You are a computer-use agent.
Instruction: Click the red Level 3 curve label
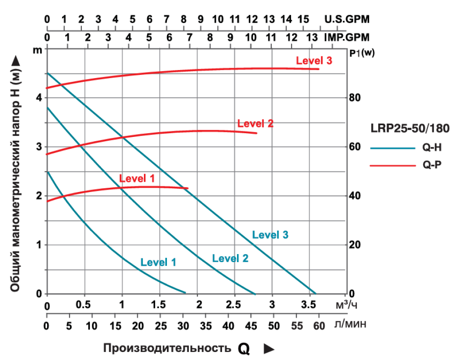tap(314, 60)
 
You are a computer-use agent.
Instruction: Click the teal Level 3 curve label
tap(270, 235)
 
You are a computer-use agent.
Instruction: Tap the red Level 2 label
tap(255, 124)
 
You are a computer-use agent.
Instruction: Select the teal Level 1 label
tap(158, 263)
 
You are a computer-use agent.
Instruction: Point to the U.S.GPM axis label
tap(347, 20)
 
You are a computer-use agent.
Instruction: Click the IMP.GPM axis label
tap(347, 37)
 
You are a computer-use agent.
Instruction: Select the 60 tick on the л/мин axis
tap(319, 325)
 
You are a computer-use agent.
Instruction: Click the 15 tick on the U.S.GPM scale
tap(303, 20)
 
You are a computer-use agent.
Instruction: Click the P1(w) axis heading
tap(363, 53)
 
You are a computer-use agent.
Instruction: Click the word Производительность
tap(167, 348)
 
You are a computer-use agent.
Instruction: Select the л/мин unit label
tap(349, 325)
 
